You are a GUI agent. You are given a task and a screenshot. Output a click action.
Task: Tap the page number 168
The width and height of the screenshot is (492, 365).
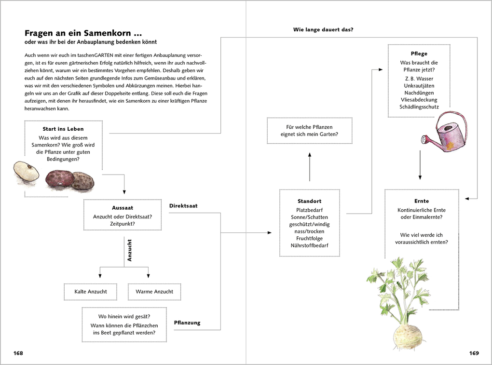click(x=18, y=353)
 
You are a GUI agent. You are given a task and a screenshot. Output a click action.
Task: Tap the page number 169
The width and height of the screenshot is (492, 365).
click(x=474, y=353)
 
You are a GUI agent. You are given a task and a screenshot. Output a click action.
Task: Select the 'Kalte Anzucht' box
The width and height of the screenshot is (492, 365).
click(x=91, y=292)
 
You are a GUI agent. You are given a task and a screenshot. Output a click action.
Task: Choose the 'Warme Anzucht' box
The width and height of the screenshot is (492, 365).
click(x=154, y=292)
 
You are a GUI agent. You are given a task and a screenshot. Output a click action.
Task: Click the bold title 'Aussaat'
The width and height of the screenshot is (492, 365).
click(x=123, y=207)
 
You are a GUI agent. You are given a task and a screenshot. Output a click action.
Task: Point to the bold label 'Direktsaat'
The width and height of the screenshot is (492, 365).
click(x=183, y=206)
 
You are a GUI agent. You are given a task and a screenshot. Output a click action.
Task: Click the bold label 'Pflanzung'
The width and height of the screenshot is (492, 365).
click(x=187, y=323)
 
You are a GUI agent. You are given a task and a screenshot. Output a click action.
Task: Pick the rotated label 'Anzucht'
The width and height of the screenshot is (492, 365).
click(x=129, y=250)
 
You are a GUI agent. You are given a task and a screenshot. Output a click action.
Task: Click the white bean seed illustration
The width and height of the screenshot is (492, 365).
click(x=26, y=172)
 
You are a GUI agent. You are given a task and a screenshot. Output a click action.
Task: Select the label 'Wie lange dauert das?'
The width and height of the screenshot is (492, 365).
click(x=323, y=30)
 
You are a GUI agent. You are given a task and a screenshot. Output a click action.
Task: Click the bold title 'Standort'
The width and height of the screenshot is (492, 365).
click(x=309, y=201)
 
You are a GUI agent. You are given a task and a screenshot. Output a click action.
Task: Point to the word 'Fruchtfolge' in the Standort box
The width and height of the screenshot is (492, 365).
click(x=310, y=238)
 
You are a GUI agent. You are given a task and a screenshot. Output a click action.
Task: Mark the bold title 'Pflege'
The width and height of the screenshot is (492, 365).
click(x=419, y=54)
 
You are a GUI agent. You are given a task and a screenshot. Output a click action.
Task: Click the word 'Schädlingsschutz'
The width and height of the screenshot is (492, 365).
click(x=419, y=107)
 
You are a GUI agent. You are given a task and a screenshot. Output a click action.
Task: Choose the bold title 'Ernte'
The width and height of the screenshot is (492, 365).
click(x=421, y=201)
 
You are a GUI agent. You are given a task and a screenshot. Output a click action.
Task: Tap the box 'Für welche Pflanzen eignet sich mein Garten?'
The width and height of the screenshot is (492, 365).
click(x=309, y=130)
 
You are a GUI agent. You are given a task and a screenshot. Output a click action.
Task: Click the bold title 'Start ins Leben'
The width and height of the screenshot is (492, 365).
click(x=63, y=129)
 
